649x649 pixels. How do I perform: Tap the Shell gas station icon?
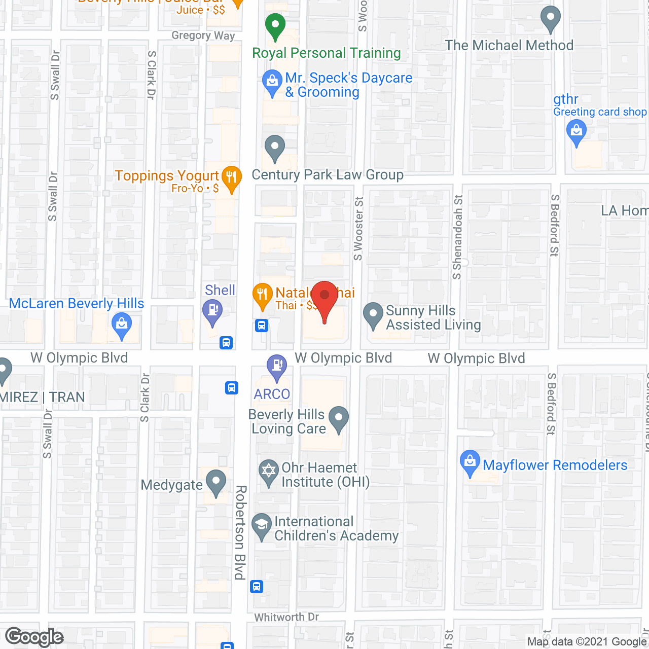[x=212, y=310]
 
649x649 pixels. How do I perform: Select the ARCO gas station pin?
[x=277, y=366]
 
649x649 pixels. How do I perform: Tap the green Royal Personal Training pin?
[x=275, y=26]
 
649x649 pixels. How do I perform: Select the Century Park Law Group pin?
[x=275, y=148]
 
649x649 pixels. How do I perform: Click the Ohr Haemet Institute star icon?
[x=268, y=471]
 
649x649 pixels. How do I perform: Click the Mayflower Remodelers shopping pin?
[x=470, y=462]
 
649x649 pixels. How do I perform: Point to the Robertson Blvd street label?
[x=240, y=532]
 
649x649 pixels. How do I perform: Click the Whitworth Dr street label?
[x=286, y=617]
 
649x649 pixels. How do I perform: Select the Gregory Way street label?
[x=203, y=35]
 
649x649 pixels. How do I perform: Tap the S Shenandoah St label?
[x=457, y=237]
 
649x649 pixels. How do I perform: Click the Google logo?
[x=34, y=637]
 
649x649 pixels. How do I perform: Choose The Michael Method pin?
[x=550, y=19]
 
